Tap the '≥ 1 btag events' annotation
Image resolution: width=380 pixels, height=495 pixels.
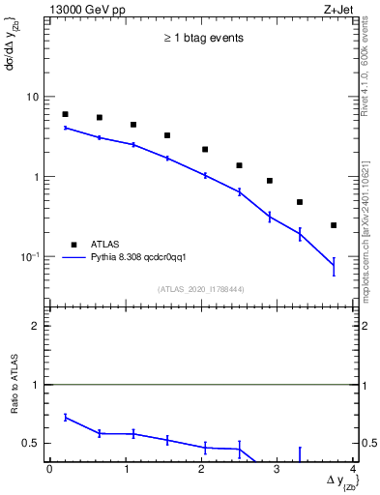(x=202, y=39)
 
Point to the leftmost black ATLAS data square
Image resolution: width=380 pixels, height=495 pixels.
(x=65, y=114)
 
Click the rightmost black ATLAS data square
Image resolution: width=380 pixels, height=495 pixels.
(x=334, y=225)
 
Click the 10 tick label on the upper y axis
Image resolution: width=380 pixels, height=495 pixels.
(x=33, y=97)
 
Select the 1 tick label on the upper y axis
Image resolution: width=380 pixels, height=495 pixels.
(x=36, y=177)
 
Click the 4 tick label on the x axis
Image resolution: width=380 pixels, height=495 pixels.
(x=353, y=469)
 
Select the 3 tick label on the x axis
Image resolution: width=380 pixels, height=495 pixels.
(x=277, y=469)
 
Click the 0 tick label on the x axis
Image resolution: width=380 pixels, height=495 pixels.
(x=49, y=469)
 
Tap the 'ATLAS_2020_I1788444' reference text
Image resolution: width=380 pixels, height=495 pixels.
(x=202, y=289)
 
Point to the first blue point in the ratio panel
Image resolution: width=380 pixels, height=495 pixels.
(x=65, y=417)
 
